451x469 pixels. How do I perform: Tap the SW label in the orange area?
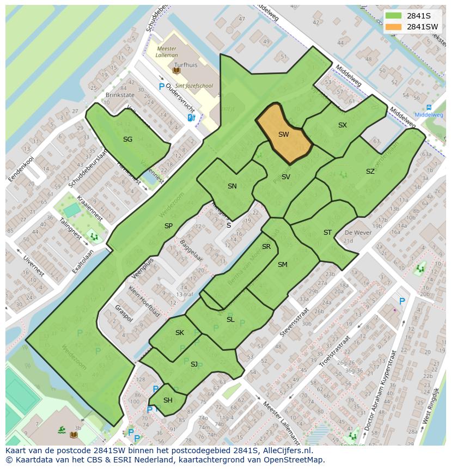pos(283,134)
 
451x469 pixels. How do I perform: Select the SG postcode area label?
pos(127,139)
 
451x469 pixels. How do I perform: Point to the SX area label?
pos(342,125)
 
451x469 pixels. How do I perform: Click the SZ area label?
pos(370,172)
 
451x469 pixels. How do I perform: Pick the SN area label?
pos(232,186)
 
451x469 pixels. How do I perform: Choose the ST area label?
pos(327,233)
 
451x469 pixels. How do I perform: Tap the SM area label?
pos(282,265)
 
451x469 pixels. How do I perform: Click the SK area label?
pos(180,333)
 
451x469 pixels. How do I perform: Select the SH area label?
pos(168,400)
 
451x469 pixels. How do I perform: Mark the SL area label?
pos(230,320)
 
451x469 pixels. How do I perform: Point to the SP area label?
pos(168,226)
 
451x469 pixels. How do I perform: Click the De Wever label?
pos(357,233)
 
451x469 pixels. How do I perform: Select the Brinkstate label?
pos(119,95)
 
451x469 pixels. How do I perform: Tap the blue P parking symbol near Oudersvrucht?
pos(161,86)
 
